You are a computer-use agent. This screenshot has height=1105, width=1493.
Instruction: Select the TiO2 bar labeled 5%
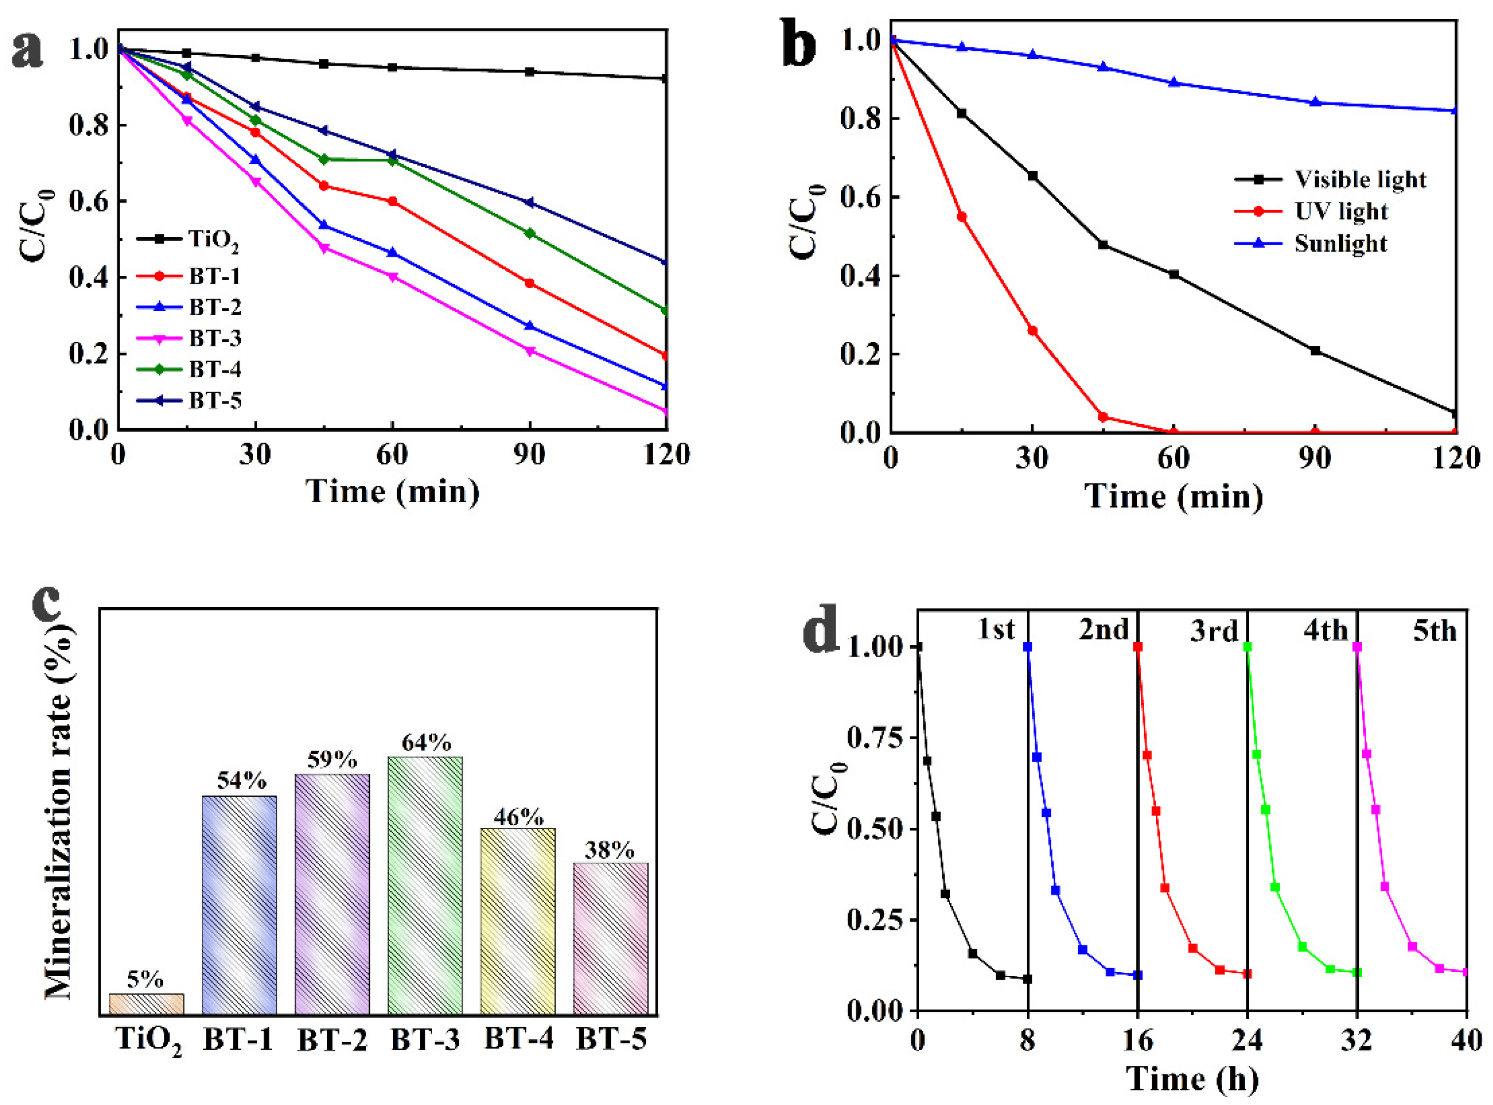146,1003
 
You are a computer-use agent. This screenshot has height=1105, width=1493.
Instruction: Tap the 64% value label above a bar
426,743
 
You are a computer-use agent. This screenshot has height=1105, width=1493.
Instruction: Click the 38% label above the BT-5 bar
609,850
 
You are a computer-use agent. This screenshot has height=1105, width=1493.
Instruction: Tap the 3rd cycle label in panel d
1214,631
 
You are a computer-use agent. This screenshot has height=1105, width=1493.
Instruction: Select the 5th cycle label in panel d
1435,631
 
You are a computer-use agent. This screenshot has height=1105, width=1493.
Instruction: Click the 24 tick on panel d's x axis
1247,1041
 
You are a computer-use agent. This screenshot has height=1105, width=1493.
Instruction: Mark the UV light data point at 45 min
1103,417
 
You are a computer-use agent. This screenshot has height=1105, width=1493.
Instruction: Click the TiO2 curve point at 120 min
664,79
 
